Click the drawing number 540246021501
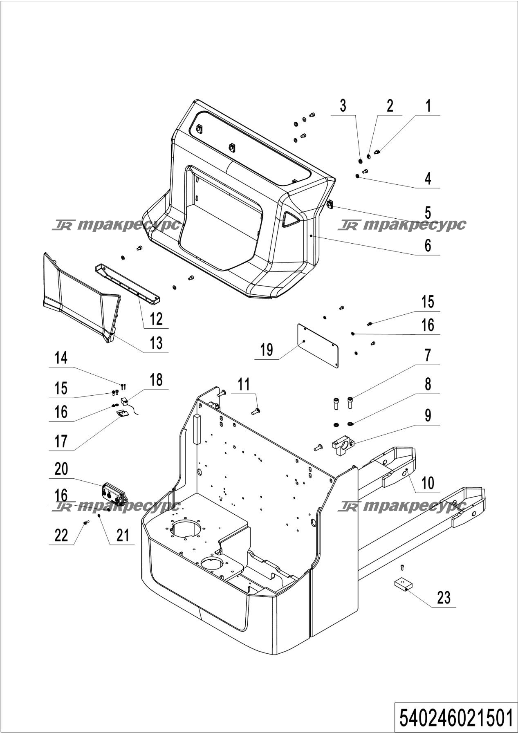455,718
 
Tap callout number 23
443,598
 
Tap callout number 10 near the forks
428,483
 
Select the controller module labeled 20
114,495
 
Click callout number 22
61,535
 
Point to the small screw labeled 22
86,522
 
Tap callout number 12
156,319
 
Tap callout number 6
428,245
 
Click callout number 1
428,106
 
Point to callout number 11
244,385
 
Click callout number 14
61,358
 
